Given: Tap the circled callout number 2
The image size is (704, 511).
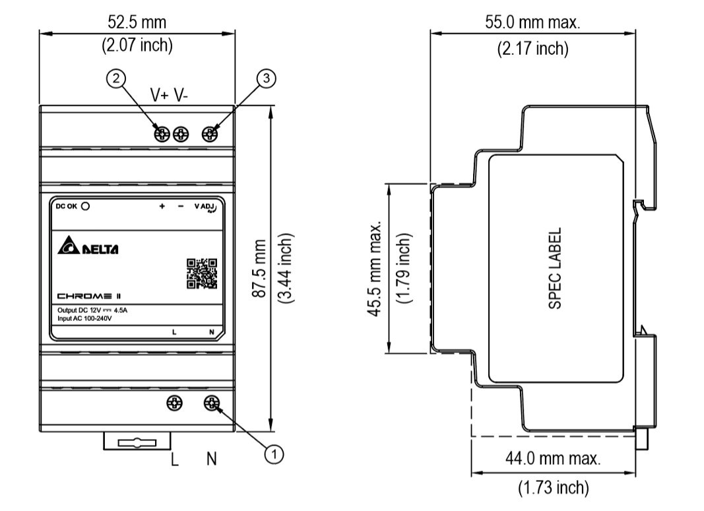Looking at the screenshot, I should coord(116,79).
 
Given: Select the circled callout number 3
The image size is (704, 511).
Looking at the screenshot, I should coord(265,79).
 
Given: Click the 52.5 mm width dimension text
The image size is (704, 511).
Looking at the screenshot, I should coord(137,22).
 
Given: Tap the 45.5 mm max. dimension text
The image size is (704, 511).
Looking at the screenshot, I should coord(377,269).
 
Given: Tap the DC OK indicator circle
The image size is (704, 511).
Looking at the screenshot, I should coord(85,206).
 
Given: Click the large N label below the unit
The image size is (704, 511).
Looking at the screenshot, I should coord(211,459).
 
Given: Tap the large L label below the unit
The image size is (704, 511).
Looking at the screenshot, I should coord(175,459).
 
